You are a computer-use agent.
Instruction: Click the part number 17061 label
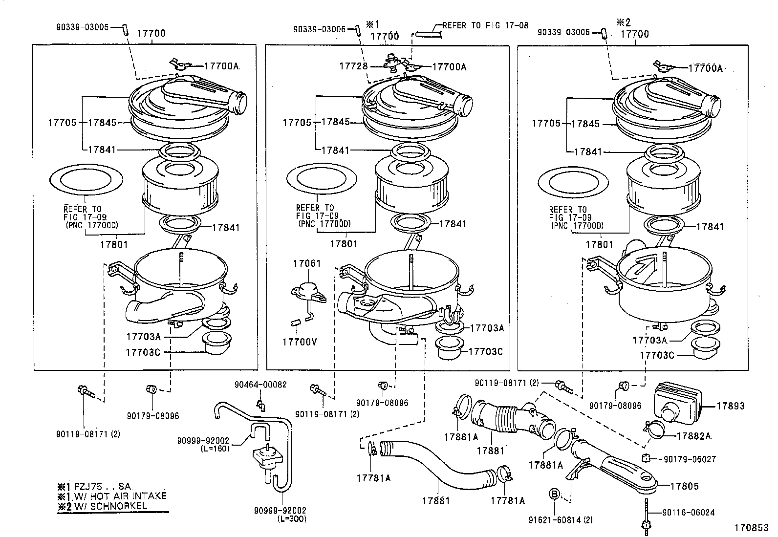click(307, 263)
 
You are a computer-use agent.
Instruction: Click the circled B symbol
click(554, 494)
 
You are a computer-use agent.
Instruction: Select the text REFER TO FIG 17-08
click(485, 25)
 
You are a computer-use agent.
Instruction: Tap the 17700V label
click(299, 342)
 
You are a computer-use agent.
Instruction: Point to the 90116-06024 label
click(689, 513)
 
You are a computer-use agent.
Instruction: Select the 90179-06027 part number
click(690, 459)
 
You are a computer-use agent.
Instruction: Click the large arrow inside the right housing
click(642, 267)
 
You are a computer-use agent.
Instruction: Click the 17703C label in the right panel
click(657, 355)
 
